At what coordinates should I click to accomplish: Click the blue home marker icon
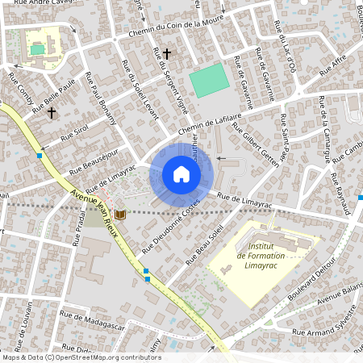tap(181, 174)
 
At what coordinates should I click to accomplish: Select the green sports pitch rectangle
tap(209, 81)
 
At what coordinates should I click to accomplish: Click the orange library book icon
tap(120, 214)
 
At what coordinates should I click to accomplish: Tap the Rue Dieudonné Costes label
tap(170, 227)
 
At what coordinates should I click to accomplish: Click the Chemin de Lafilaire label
tap(211, 123)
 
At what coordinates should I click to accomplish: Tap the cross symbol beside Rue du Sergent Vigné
tap(167, 54)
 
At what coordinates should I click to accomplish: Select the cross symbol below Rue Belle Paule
tap(52, 113)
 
